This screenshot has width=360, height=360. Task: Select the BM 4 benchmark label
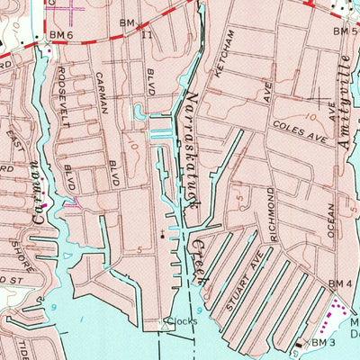pos(339,284)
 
